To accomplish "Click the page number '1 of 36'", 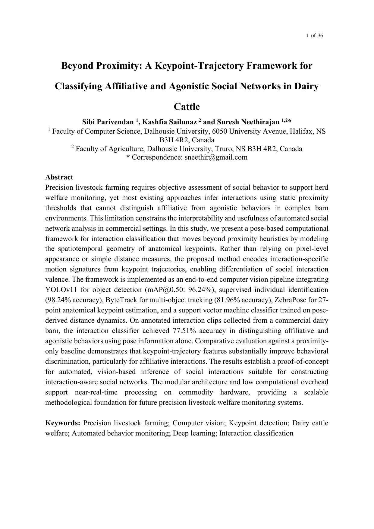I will (x=314, y=36).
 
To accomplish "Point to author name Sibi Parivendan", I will (x=108, y=122).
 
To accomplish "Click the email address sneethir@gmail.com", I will (x=216, y=157).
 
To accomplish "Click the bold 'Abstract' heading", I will (x=59, y=177).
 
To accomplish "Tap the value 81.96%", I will (x=226, y=300).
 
